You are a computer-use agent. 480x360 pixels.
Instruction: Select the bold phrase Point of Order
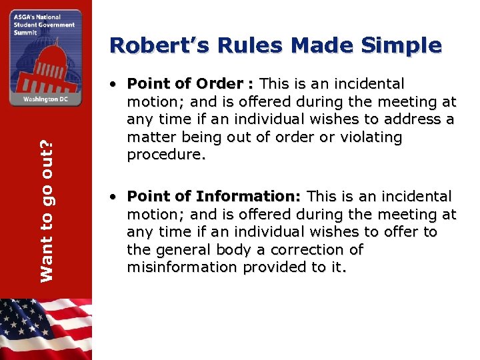(x=185, y=84)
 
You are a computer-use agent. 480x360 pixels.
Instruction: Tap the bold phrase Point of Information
(x=213, y=197)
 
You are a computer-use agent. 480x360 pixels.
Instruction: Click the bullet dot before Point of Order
(x=115, y=85)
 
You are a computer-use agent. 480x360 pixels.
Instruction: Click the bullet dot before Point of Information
(x=115, y=198)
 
